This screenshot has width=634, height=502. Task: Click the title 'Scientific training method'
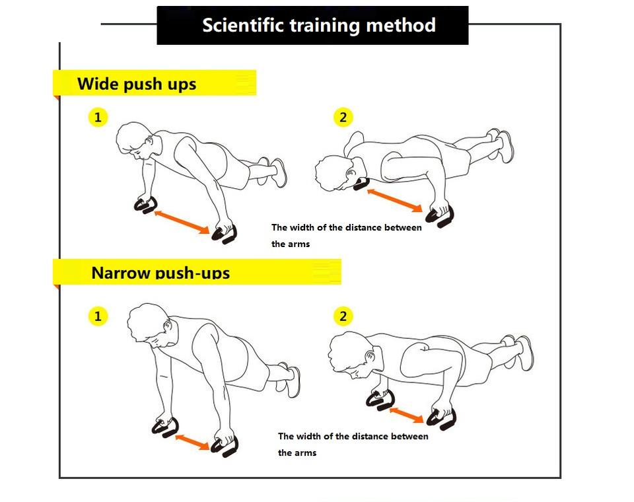pyautogui.click(x=318, y=25)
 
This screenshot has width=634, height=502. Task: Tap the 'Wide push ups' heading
pyautogui.click(x=137, y=84)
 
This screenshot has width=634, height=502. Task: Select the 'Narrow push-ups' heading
pyautogui.click(x=160, y=272)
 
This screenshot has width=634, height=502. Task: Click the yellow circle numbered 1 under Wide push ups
pyautogui.click(x=98, y=118)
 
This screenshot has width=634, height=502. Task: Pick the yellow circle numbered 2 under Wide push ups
pyautogui.click(x=343, y=118)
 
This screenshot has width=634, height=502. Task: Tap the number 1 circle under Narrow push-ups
pyautogui.click(x=98, y=316)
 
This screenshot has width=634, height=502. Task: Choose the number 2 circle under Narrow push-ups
pyautogui.click(x=343, y=316)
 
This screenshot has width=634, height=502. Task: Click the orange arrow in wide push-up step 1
pyautogui.click(x=182, y=221)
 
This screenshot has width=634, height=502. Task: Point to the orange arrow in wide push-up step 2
pyautogui.click(x=395, y=200)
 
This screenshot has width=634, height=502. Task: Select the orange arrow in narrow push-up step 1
pyautogui.click(x=192, y=442)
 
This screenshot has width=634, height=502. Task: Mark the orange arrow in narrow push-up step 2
pyautogui.click(x=406, y=415)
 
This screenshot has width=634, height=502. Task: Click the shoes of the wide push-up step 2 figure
pyautogui.click(x=501, y=145)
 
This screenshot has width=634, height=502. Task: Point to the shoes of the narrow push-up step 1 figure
pyautogui.click(x=290, y=379)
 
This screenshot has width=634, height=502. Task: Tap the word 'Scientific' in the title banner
pyautogui.click(x=243, y=25)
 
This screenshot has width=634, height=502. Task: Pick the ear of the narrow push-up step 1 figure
pyautogui.click(x=168, y=326)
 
